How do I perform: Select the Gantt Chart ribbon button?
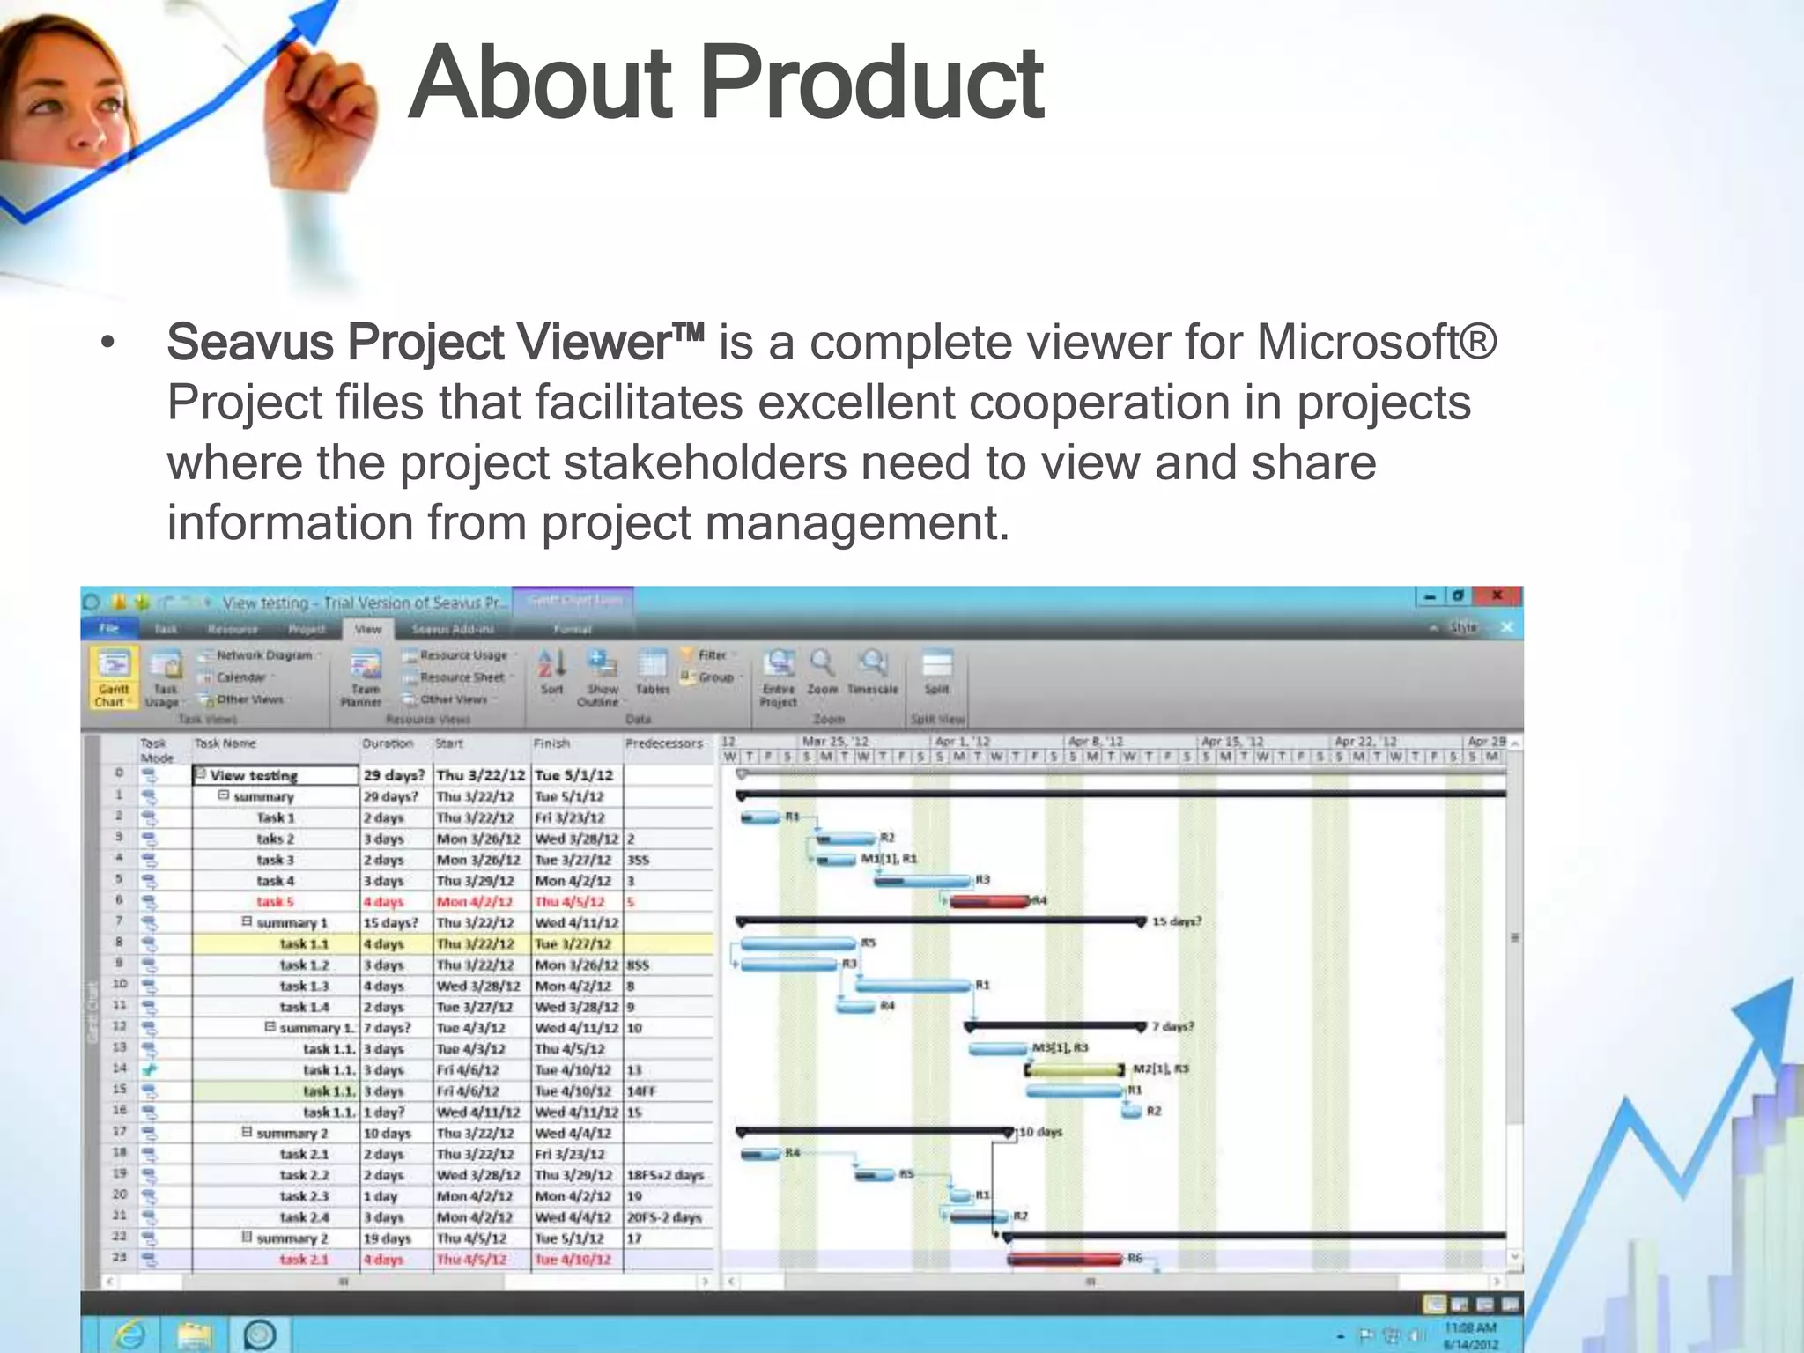pyautogui.click(x=113, y=676)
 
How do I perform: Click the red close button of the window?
pyautogui.click(x=1497, y=596)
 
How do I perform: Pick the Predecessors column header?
pyautogui.click(x=664, y=743)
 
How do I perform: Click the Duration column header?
pyautogui.click(x=388, y=743)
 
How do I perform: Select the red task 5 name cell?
pyautogui.click(x=275, y=902)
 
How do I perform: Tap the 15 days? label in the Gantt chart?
pyautogui.click(x=1177, y=922)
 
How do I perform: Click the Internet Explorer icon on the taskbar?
pyautogui.click(x=130, y=1335)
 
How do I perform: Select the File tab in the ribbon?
pyautogui.click(x=109, y=628)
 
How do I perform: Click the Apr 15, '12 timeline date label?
pyautogui.click(x=1232, y=743)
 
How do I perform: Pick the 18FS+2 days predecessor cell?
pyautogui.click(x=665, y=1175)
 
